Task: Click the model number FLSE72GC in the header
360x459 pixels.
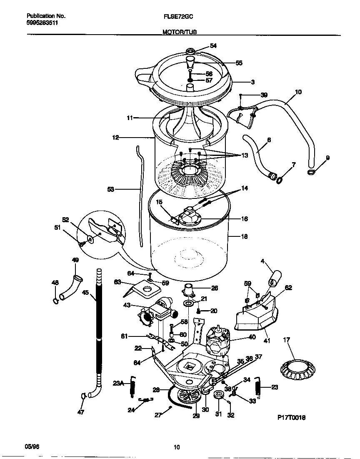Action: click(178, 16)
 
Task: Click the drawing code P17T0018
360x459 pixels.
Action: click(291, 417)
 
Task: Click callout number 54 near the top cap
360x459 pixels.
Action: click(213, 46)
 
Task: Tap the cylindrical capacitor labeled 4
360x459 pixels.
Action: click(275, 277)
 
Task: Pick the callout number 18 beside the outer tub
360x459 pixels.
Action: click(244, 236)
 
